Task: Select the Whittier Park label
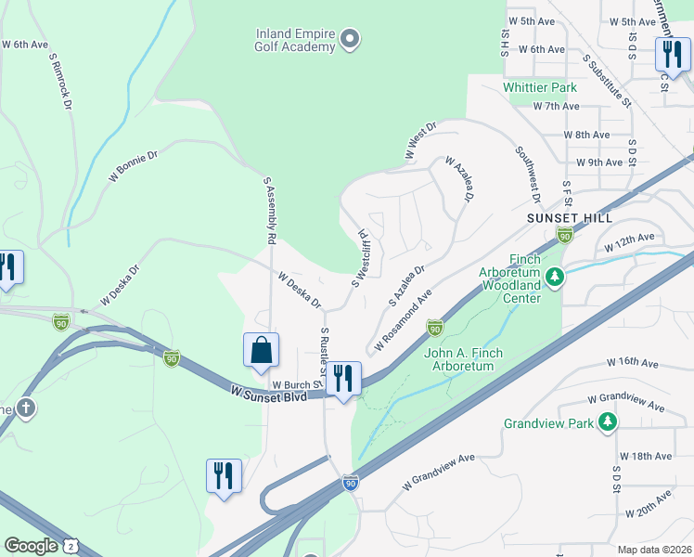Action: [540, 87]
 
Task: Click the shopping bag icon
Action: [262, 351]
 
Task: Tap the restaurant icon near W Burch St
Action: [343, 378]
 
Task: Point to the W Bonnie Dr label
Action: [134, 165]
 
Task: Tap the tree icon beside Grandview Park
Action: [607, 423]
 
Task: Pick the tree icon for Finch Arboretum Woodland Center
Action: [554, 277]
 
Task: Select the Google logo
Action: [31, 546]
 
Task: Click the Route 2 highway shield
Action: [71, 547]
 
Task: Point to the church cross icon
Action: [25, 408]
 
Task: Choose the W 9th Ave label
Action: [598, 162]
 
